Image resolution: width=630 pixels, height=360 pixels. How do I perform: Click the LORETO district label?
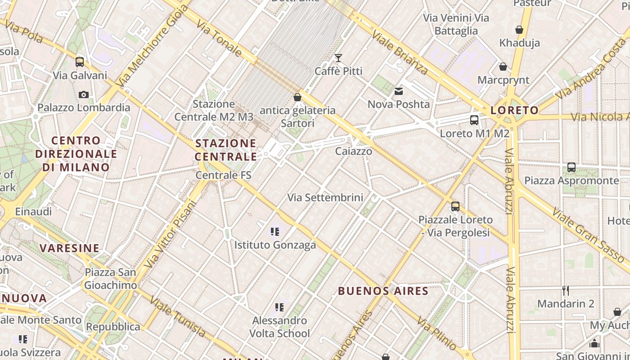point(514,110)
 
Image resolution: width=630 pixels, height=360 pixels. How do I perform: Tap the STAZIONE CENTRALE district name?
point(226,150)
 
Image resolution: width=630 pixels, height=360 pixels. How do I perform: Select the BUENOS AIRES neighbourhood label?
point(383,291)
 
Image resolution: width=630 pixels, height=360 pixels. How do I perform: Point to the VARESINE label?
point(69,248)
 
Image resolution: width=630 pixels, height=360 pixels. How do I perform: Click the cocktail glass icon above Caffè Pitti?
point(338,58)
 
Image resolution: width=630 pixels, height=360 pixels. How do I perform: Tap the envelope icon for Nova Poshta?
point(398,92)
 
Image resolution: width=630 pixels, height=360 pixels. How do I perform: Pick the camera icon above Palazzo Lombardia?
point(83,94)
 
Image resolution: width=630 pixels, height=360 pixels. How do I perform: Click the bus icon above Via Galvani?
point(80,62)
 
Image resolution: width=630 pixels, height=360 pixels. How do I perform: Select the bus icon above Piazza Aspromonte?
point(571,167)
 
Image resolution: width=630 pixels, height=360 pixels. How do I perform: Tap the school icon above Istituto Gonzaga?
point(275,232)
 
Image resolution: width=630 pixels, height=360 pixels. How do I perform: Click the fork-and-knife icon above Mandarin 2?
point(566,291)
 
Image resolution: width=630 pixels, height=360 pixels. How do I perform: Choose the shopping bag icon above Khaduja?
point(519,30)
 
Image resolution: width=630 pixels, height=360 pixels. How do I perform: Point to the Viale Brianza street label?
point(400,53)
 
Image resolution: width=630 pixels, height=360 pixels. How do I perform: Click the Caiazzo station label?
point(354,151)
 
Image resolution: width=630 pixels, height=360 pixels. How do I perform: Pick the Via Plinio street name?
point(436,334)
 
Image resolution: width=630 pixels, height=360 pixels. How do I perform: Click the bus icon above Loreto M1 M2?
point(474,120)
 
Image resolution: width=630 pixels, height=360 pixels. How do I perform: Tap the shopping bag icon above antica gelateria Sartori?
point(297,97)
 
